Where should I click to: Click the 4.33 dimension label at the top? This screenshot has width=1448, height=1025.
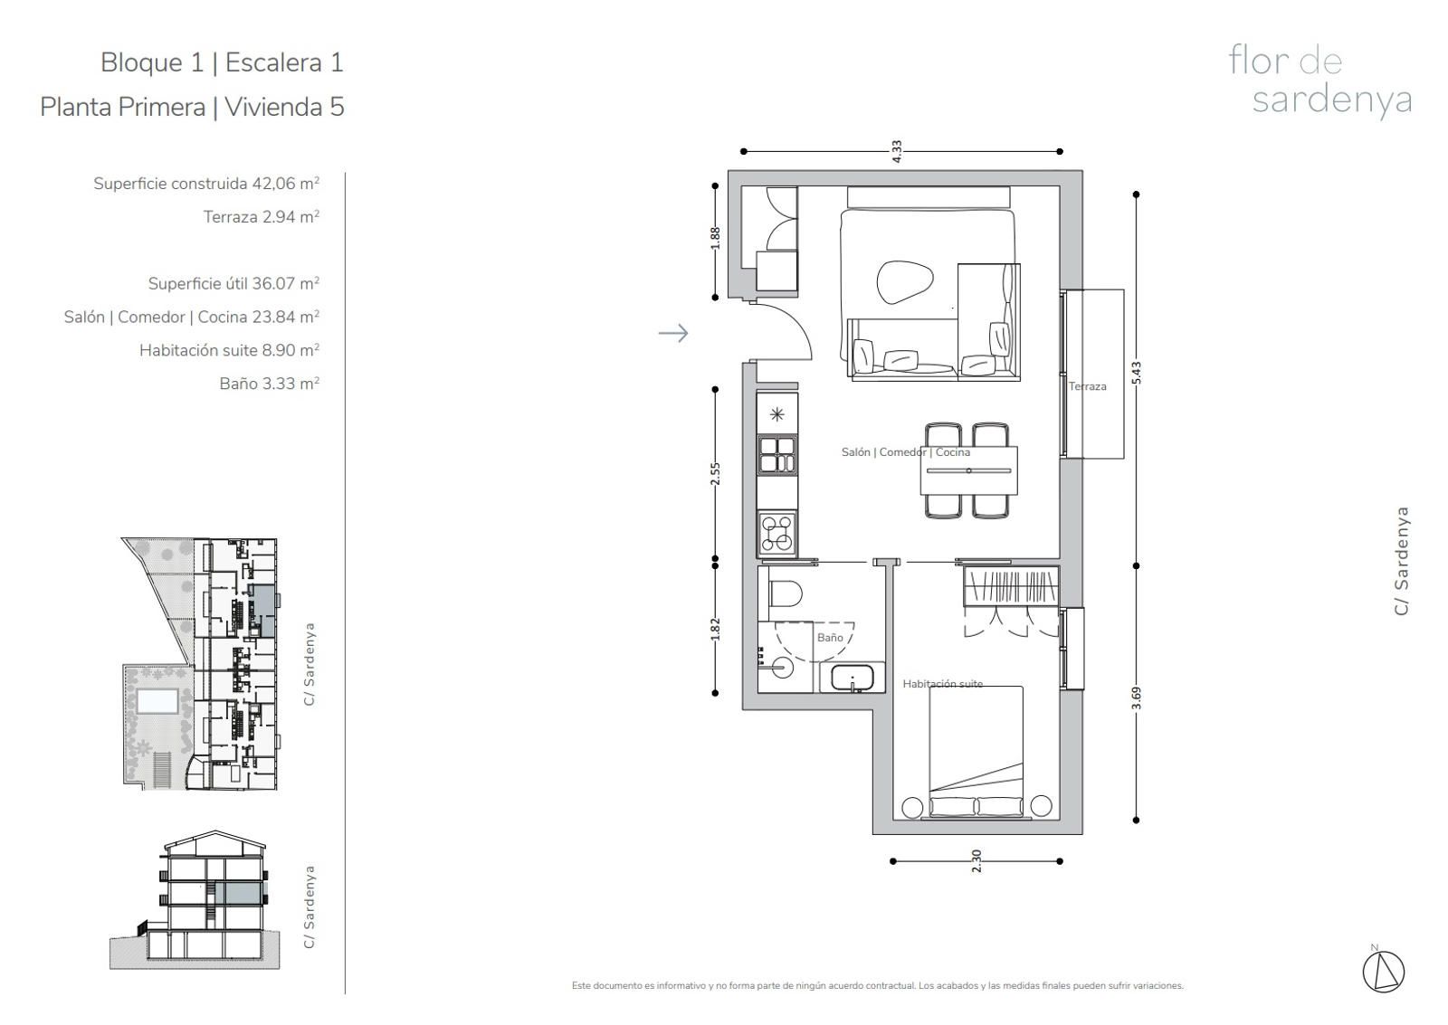tap(897, 151)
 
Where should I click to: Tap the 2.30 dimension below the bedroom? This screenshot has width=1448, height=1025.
tap(976, 861)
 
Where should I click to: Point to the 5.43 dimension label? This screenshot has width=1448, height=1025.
tap(1137, 373)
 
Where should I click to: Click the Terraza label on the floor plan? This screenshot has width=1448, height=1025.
tap(1087, 386)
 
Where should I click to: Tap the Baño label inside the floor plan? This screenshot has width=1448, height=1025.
tap(830, 637)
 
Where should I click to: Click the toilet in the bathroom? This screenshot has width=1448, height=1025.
tap(785, 593)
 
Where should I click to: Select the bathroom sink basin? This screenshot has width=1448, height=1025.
tap(853, 678)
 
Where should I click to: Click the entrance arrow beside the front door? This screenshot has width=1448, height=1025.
tap(673, 334)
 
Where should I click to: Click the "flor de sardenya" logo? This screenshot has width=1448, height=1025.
tap(1319, 81)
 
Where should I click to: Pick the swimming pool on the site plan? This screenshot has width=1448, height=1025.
tap(157, 701)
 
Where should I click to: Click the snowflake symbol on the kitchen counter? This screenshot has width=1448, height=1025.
tap(777, 414)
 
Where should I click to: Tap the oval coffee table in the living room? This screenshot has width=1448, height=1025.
tap(905, 282)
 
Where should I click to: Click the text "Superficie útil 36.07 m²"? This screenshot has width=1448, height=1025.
tap(234, 283)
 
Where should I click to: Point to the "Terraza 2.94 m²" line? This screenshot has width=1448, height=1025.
tap(262, 216)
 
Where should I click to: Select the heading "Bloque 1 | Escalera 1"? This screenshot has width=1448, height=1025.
tap(222, 62)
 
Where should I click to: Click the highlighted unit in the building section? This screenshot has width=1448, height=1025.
tap(239, 893)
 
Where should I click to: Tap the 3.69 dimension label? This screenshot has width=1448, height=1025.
tap(1137, 698)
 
